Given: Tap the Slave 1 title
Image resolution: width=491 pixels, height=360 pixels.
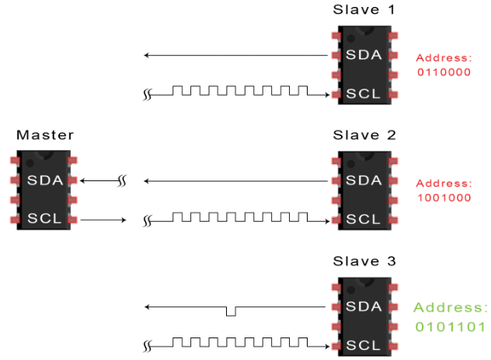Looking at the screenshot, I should click(x=364, y=10).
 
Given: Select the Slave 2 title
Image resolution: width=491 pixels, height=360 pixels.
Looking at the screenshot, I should click(x=364, y=135).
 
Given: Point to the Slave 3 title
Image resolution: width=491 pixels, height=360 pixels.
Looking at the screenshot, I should click(x=364, y=260).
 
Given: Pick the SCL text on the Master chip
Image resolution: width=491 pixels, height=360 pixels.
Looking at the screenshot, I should click(x=43, y=219).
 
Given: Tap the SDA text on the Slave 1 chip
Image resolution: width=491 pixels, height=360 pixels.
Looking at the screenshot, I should click(x=364, y=55).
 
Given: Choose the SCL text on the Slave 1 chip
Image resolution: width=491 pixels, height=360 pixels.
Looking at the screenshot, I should click(x=364, y=94).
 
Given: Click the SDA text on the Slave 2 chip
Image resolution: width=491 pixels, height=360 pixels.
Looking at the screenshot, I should click(x=364, y=180).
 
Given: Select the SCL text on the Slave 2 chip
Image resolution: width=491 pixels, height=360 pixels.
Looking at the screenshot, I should click(x=364, y=219).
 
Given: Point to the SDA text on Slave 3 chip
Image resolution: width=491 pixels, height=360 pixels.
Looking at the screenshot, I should click(x=364, y=306).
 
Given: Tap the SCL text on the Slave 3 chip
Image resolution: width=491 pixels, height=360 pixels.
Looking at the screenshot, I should click(x=364, y=344).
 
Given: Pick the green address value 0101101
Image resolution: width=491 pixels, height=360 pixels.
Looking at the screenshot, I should click(x=450, y=327).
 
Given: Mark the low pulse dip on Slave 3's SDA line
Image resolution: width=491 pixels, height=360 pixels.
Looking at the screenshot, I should click(x=229, y=313).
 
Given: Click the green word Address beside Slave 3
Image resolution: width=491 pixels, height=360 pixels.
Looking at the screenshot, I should click(x=450, y=307).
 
